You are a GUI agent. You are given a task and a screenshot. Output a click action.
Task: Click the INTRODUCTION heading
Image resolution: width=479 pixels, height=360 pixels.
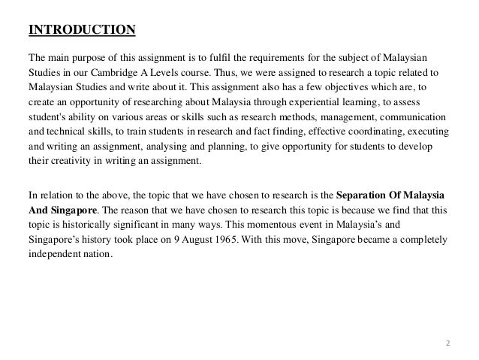[x=81, y=31]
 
